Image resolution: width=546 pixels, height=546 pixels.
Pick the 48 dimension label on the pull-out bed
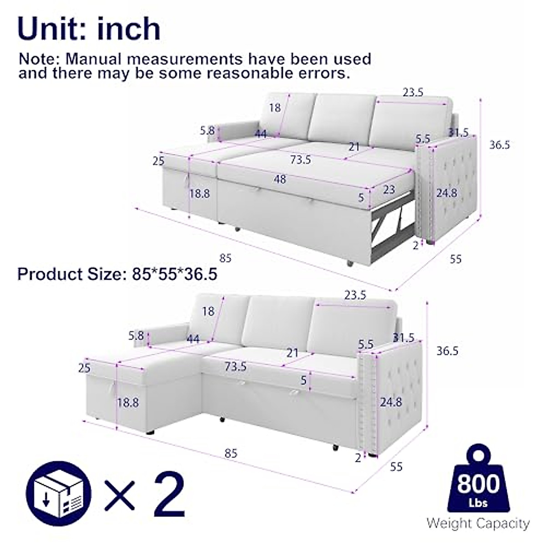280,179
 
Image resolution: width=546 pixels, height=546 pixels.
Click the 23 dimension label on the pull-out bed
389,189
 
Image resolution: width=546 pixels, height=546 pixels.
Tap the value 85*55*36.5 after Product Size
175,274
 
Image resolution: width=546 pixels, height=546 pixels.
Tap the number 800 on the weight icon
478,483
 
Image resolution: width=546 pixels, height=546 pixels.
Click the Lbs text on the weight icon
478,502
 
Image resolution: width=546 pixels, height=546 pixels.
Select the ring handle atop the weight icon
478,455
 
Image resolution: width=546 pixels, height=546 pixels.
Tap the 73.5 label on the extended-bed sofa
300,160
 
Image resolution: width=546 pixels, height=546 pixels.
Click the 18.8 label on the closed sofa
128,402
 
